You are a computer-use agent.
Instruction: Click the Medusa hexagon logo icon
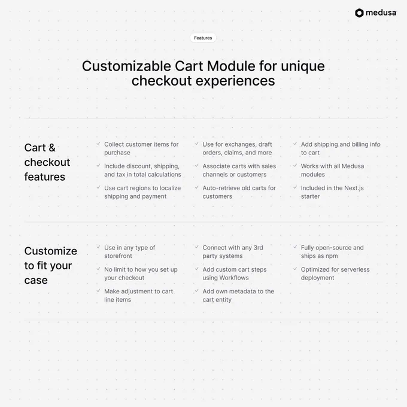point(359,13)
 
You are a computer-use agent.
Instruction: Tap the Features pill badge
point(203,38)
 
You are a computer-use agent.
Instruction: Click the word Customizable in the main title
point(126,66)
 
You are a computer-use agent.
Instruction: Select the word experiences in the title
point(235,80)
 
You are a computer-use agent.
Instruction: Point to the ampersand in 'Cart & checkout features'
point(52,148)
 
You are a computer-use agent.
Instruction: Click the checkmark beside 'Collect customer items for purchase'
point(98,144)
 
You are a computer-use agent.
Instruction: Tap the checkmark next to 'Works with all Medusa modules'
point(295,165)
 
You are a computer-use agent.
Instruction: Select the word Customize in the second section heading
point(51,251)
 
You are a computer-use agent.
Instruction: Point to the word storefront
point(118,256)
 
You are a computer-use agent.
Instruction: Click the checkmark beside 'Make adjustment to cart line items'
point(98,291)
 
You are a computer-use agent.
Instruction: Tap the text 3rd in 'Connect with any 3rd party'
point(259,248)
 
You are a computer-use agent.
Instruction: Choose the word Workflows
point(234,278)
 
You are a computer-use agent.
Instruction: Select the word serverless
point(356,269)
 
